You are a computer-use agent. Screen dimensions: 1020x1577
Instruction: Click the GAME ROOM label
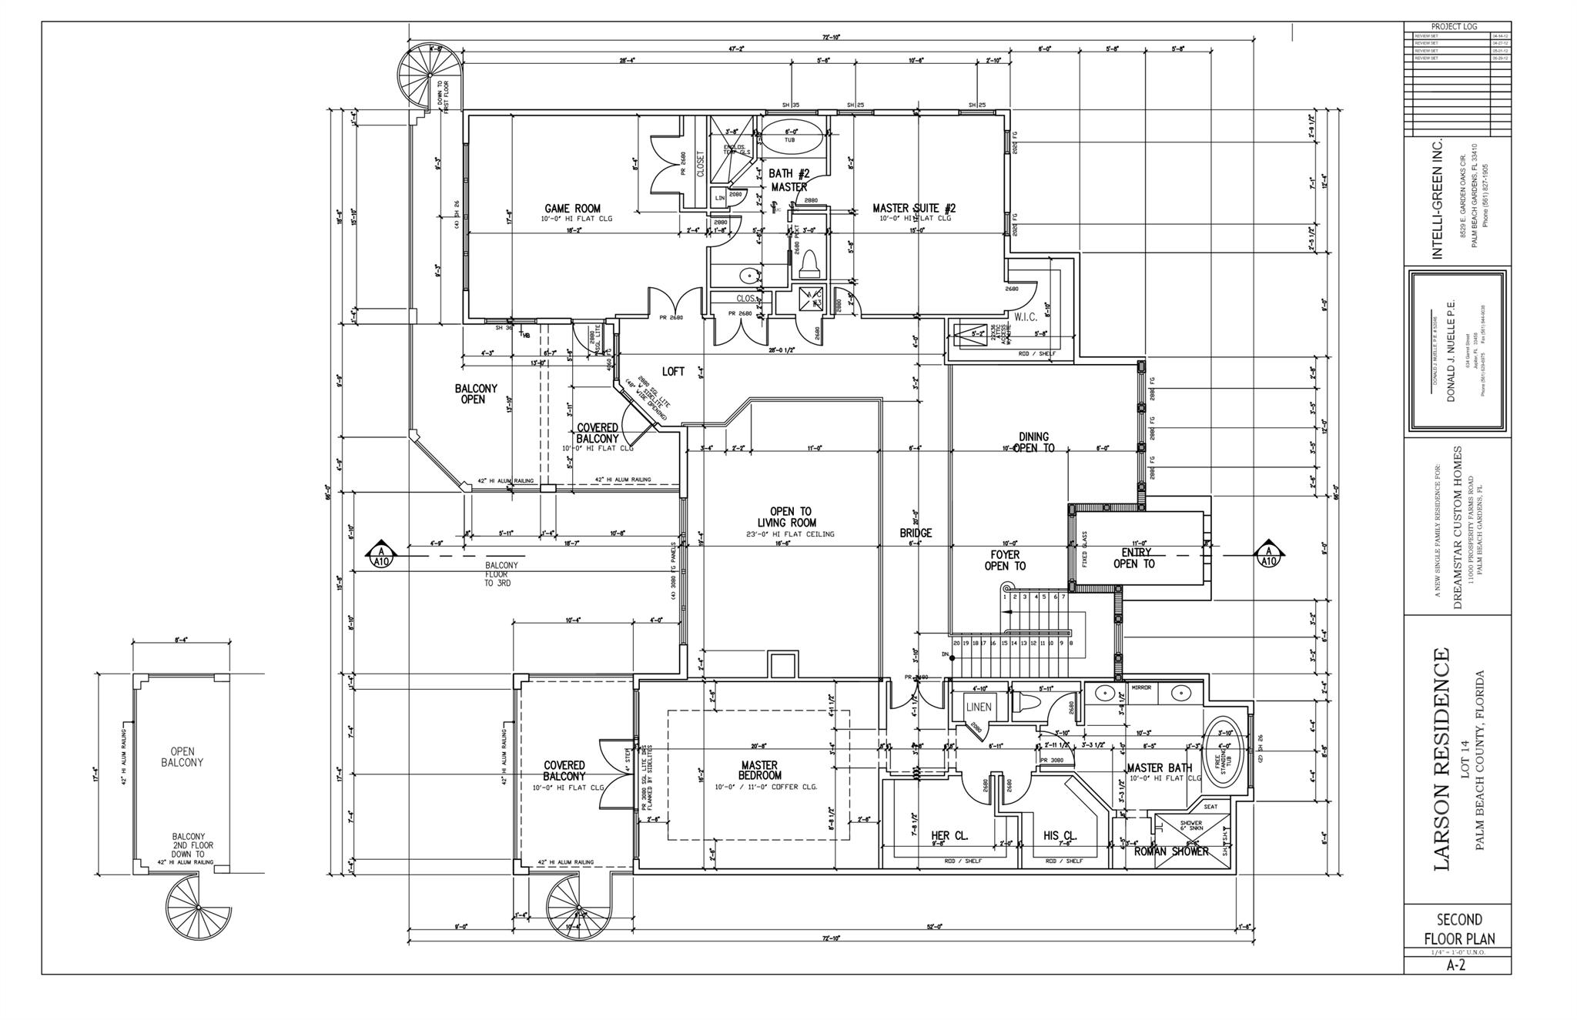pyautogui.click(x=572, y=208)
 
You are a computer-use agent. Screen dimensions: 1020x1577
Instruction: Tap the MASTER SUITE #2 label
pyautogui.click(x=914, y=208)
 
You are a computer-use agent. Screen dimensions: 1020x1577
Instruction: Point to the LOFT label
pyautogui.click(x=672, y=372)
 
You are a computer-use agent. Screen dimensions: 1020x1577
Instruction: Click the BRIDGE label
pyautogui.click(x=916, y=533)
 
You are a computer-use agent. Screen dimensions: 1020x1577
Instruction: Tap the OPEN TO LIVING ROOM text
pyautogui.click(x=790, y=517)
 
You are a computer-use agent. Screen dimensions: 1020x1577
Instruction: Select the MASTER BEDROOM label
pyautogui.click(x=758, y=771)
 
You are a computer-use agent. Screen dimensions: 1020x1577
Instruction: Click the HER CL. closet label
pyautogui.click(x=949, y=835)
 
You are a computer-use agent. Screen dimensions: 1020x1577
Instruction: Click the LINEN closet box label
pyautogui.click(x=978, y=707)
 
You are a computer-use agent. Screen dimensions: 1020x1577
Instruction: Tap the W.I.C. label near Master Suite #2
pyautogui.click(x=1026, y=316)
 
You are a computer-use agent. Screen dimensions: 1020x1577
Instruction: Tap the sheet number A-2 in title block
pyautogui.click(x=1456, y=965)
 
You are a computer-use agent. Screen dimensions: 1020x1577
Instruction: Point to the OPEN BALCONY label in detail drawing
pyautogui.click(x=182, y=757)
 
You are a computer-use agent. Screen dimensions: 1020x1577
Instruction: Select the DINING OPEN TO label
pyautogui.click(x=1033, y=442)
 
